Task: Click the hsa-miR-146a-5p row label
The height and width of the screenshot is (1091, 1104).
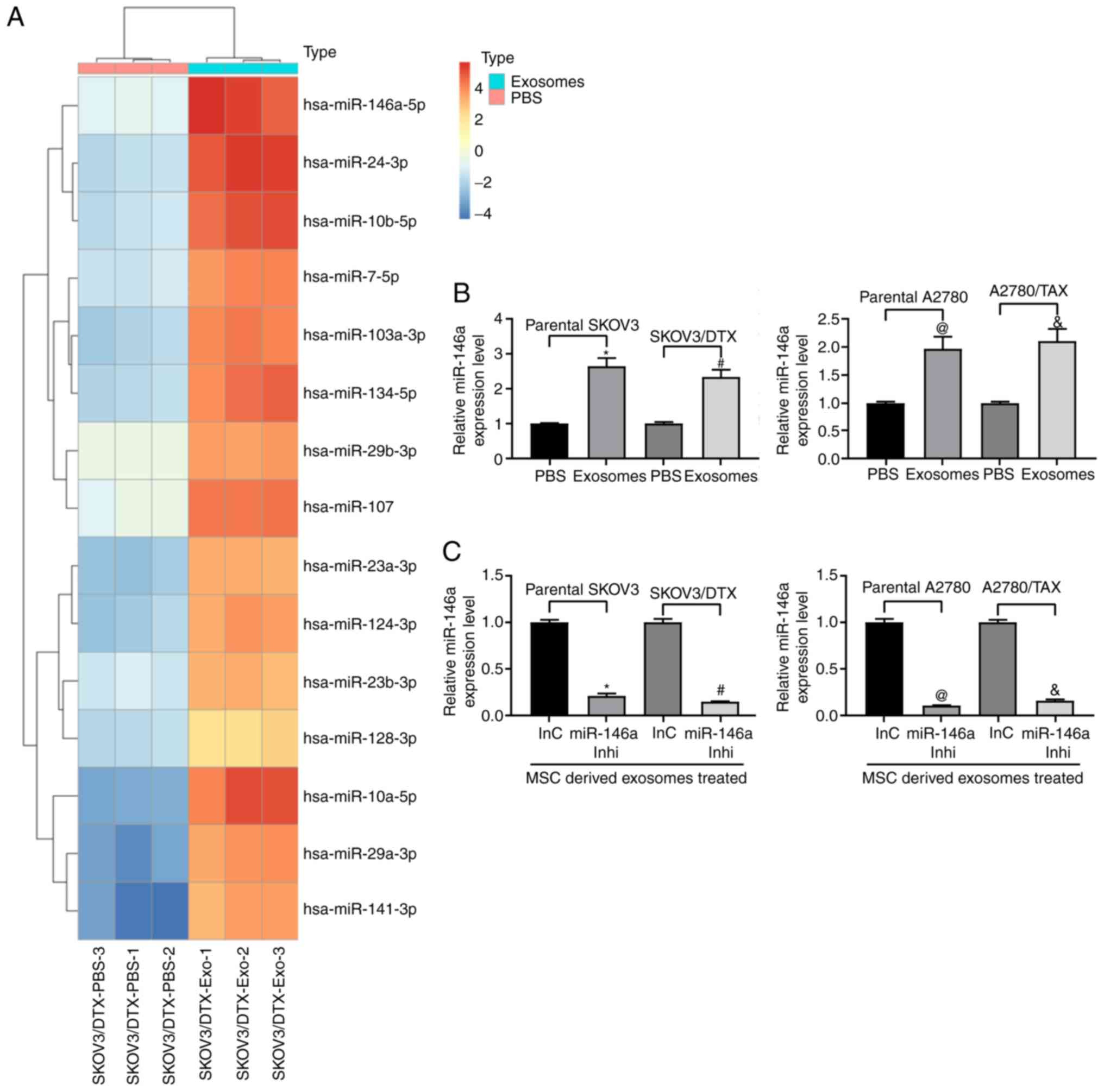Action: (364, 105)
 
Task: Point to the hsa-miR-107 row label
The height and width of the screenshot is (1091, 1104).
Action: (348, 507)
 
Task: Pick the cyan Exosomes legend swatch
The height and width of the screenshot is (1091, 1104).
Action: (497, 81)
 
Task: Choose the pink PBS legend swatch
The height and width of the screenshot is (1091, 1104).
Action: (497, 98)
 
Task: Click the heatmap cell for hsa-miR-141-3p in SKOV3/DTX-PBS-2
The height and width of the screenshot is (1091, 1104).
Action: (170, 910)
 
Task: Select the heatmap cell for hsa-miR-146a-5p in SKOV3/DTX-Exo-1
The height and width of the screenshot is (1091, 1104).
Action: (206, 106)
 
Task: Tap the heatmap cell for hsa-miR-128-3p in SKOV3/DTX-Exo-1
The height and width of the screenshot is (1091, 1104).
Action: (206, 738)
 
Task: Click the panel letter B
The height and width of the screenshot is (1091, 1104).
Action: (461, 294)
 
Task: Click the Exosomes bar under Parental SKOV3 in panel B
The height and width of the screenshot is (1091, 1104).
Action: (606, 412)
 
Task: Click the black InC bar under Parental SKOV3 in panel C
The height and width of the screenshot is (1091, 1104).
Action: (549, 669)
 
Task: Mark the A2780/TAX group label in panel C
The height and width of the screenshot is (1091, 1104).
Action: (1021, 587)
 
